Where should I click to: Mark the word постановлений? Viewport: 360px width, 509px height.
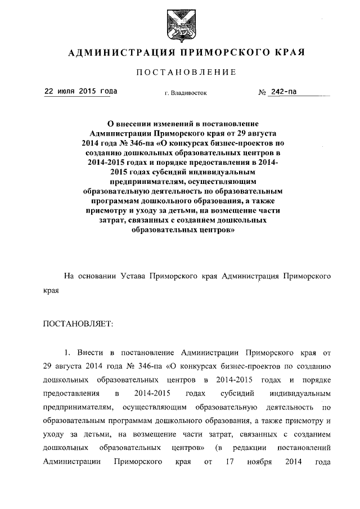point(304,448)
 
